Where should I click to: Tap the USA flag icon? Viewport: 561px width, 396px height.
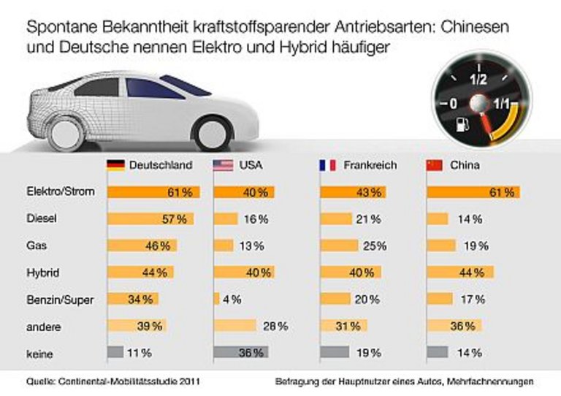point(222,165)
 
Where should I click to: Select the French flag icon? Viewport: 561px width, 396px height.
point(328,165)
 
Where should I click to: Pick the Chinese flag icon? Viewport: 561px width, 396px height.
point(434,165)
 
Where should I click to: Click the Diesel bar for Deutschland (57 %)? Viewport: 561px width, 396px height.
point(150,218)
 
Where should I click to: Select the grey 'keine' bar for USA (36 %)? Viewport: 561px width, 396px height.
point(240,352)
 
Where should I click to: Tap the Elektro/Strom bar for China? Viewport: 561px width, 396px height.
point(473,192)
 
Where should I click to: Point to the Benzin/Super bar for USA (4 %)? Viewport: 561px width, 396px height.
point(216,299)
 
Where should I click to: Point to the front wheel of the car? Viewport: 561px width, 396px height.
point(66,132)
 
